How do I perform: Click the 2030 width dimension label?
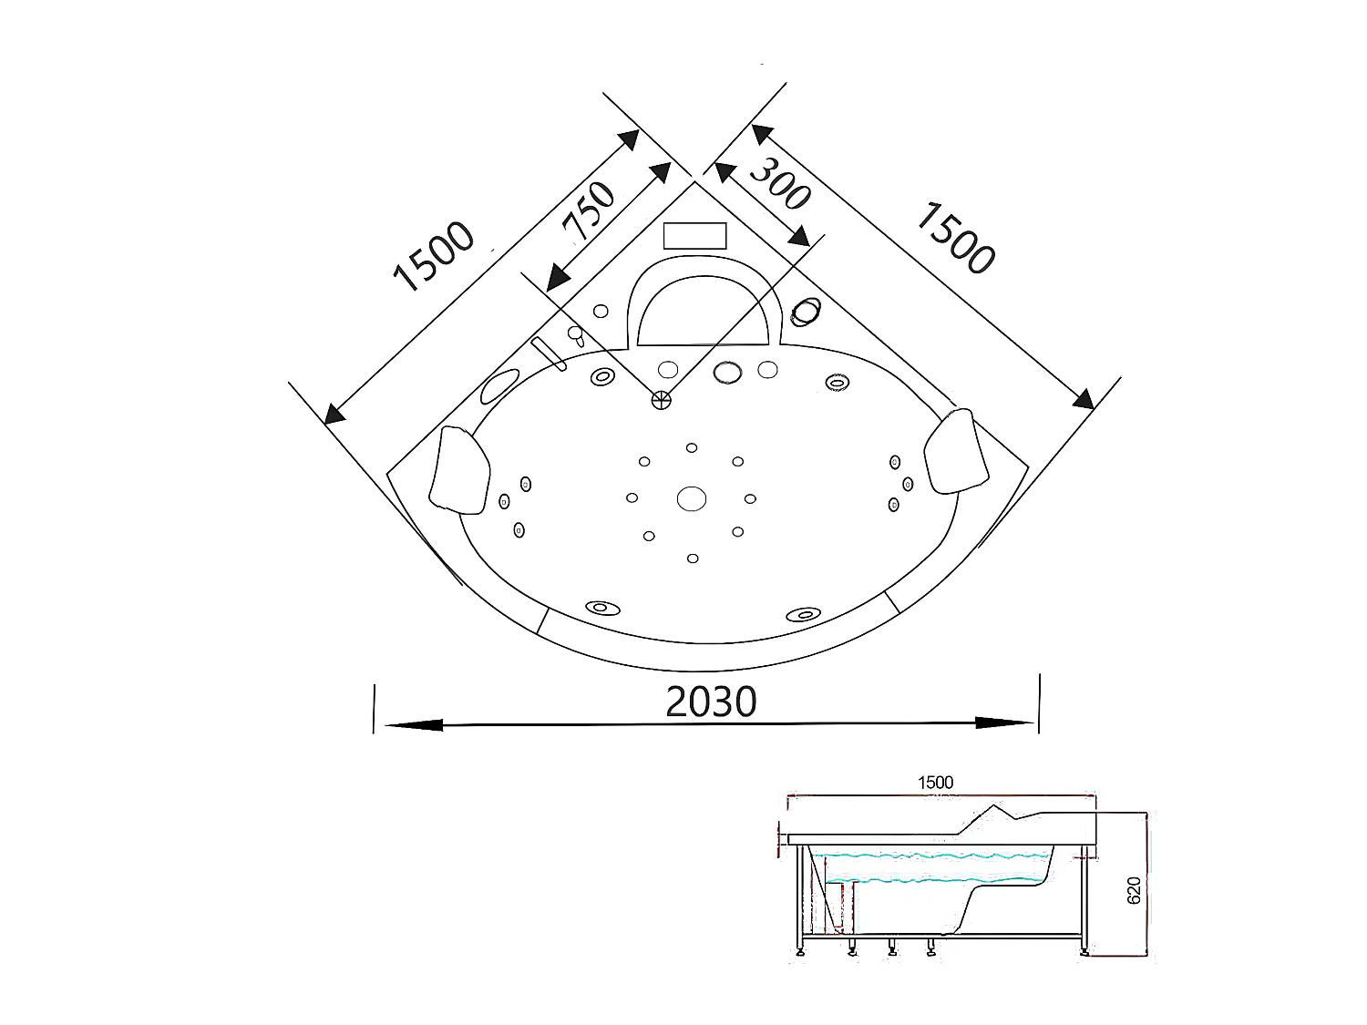pyautogui.click(x=711, y=702)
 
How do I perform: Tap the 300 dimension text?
pyautogui.click(x=779, y=183)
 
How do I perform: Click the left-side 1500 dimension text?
pyautogui.click(x=434, y=258)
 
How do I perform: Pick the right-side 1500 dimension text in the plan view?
pyautogui.click(x=953, y=238)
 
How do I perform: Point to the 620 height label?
pyautogui.click(x=1134, y=890)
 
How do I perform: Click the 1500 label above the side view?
pyautogui.click(x=935, y=783)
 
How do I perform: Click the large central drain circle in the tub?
pyautogui.click(x=692, y=498)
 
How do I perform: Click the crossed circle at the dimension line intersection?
pyautogui.click(x=661, y=398)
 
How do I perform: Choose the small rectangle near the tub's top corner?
pyautogui.click(x=694, y=235)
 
